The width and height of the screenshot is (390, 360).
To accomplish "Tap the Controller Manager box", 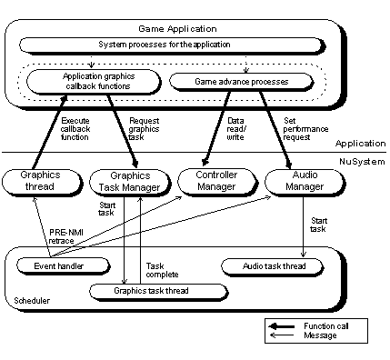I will pos(213,181).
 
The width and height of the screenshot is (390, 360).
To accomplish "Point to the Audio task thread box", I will pos(271,266).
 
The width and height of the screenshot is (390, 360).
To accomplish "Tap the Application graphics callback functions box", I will pos(93,82).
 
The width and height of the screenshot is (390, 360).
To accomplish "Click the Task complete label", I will pos(162,269).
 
